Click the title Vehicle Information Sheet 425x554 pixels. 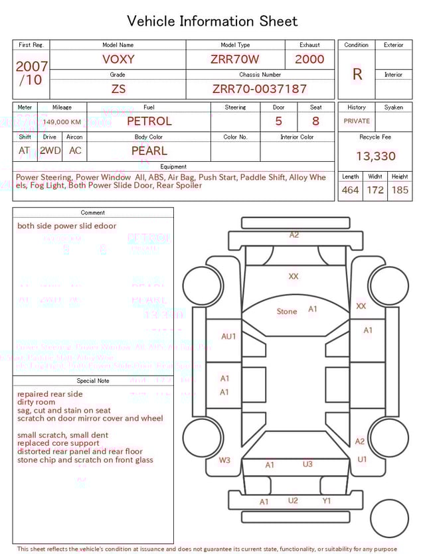(212, 21)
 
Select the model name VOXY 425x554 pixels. (118, 59)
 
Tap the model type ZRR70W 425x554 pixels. (235, 59)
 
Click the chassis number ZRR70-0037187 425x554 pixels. (260, 89)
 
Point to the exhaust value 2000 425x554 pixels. (309, 59)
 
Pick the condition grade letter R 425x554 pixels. (357, 74)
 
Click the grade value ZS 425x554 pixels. (118, 89)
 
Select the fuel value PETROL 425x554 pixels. (149, 121)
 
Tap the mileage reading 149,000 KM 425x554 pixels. (63, 122)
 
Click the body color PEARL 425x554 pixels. (149, 151)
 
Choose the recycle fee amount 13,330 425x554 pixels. (375, 157)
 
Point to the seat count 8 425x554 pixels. (315, 121)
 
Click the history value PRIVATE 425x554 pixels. (357, 121)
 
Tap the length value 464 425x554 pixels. (350, 190)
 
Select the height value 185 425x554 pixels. (400, 190)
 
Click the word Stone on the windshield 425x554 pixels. (287, 311)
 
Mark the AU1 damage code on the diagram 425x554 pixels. (228, 336)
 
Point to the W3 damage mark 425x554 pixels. (225, 460)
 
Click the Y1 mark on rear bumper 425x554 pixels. (326, 501)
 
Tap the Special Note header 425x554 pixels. (93, 381)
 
